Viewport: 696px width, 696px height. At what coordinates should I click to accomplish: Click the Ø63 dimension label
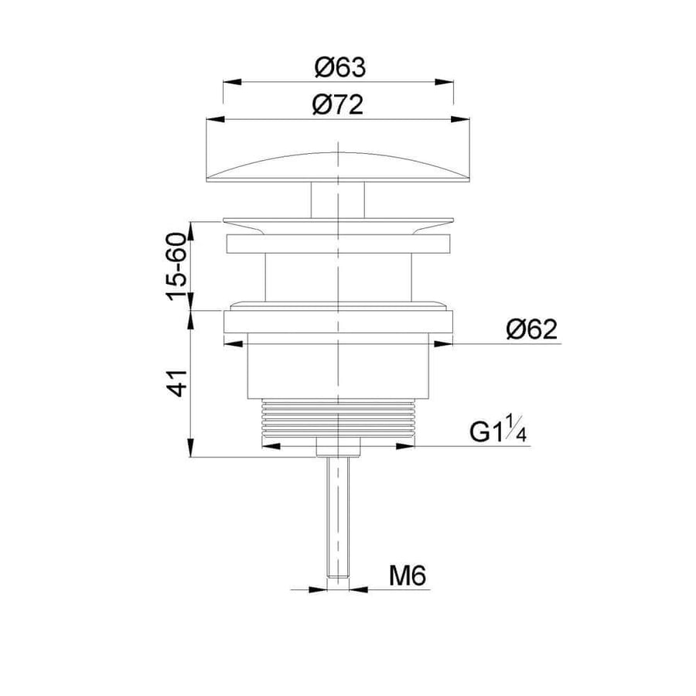click(340, 67)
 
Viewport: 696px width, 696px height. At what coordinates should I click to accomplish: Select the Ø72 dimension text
click(338, 105)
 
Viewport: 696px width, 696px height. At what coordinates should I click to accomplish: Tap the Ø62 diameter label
click(531, 329)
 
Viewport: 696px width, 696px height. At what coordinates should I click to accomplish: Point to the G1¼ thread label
click(498, 429)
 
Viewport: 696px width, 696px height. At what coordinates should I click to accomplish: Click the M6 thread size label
click(408, 576)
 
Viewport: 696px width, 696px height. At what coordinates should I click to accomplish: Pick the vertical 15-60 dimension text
click(177, 266)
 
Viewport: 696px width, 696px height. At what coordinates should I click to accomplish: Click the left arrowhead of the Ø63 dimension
click(232, 82)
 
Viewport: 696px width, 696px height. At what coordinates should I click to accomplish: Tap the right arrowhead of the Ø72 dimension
click(460, 119)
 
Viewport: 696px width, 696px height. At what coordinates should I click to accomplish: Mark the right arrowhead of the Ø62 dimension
click(443, 343)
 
